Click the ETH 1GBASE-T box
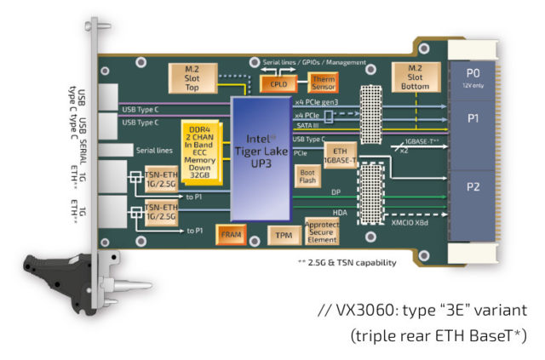click(338, 153)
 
